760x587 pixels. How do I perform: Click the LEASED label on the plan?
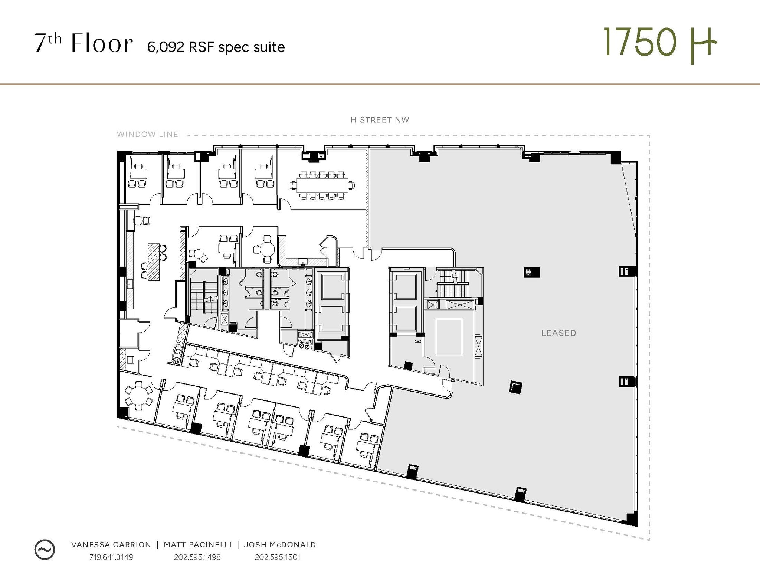pos(558,333)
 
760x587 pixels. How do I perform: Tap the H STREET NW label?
pos(380,120)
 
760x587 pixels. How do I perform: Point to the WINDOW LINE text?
pos(147,135)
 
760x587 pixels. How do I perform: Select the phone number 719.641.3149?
pos(111,557)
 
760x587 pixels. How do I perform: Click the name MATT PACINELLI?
pos(197,545)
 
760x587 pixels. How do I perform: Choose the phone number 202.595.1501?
pos(277,557)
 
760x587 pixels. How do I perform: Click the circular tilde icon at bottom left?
pos(45,550)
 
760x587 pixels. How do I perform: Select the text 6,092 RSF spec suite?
pos(216,47)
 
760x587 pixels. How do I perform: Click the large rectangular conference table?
pos(322,185)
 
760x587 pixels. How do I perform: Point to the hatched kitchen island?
pos(154,262)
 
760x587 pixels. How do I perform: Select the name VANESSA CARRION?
pos(111,545)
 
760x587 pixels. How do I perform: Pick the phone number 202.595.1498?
pos(197,557)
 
